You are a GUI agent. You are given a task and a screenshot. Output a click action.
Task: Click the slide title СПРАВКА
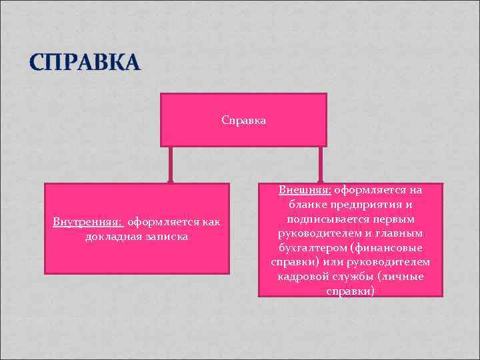tap(85, 63)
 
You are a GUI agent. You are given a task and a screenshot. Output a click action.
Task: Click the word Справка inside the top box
tap(243, 121)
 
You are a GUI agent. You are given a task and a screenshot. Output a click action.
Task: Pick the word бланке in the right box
tap(307, 204)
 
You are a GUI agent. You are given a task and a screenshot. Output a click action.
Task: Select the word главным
tap(401, 233)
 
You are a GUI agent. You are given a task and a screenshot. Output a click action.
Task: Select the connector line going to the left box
tap(171, 164)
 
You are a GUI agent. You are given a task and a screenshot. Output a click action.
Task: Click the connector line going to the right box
tap(321, 164)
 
